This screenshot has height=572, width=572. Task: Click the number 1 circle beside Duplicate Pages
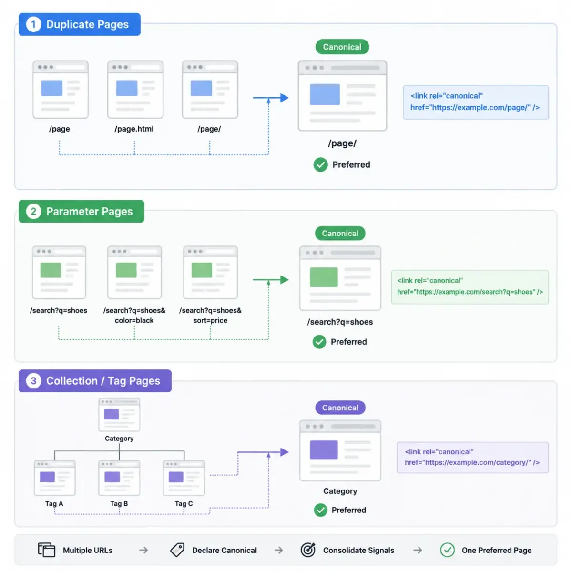[33, 24]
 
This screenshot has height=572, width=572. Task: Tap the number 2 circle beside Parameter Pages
[33, 211]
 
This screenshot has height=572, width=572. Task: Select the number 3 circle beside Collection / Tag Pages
[33, 380]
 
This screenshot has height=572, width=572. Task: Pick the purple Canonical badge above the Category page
[340, 408]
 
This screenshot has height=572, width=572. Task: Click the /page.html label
[134, 129]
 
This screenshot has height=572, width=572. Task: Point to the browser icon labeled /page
[61, 90]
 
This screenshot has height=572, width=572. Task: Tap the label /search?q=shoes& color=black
[134, 315]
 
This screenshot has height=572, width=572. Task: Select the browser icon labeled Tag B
[119, 478]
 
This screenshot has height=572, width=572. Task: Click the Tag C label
[184, 503]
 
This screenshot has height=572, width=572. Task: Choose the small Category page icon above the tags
[119, 415]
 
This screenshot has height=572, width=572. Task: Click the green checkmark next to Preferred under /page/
[321, 164]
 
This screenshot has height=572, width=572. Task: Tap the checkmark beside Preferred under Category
[321, 510]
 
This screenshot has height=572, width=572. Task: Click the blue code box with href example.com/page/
[476, 102]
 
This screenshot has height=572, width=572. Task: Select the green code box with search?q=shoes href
[470, 287]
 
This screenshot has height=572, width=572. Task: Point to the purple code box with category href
[472, 457]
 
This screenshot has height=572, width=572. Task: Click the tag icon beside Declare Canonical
[177, 550]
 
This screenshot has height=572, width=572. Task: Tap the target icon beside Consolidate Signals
[308, 550]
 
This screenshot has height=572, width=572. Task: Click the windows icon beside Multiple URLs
[47, 550]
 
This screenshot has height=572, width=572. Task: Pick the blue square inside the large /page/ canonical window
[325, 94]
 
